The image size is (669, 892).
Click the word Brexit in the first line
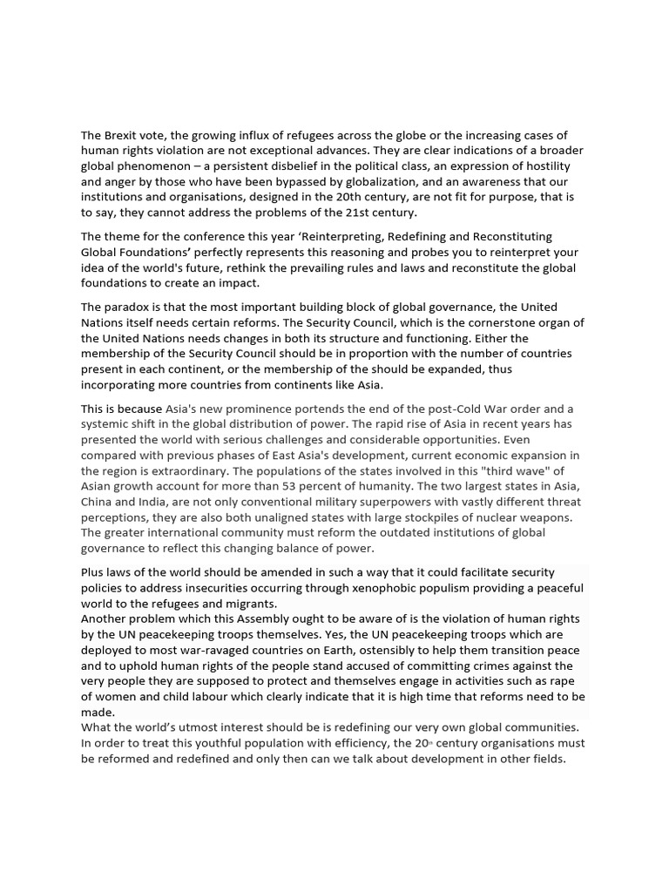pyautogui.click(x=123, y=135)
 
